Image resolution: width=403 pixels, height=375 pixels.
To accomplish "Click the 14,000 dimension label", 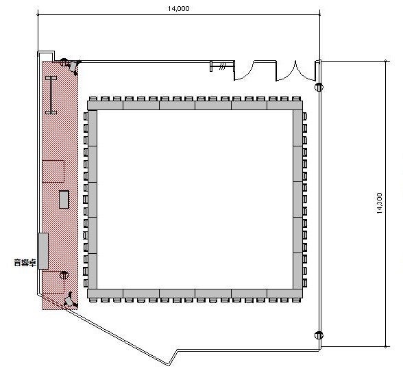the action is click(x=179, y=9).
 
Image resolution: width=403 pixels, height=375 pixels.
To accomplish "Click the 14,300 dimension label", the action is click(x=380, y=203).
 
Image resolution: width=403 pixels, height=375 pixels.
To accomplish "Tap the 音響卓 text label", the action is click(x=25, y=263).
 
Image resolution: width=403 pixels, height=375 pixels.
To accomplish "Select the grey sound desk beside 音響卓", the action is click(x=43, y=251).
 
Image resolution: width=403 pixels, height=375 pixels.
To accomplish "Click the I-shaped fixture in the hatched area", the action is click(x=51, y=95).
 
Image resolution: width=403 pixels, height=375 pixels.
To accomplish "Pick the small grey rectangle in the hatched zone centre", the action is click(x=64, y=199).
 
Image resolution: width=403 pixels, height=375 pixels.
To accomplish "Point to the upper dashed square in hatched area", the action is click(x=53, y=171).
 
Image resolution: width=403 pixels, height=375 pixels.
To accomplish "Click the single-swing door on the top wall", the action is click(x=244, y=70).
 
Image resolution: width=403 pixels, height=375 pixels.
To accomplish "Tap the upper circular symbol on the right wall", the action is click(x=319, y=88).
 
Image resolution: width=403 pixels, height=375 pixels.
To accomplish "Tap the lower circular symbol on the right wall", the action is click(x=319, y=335).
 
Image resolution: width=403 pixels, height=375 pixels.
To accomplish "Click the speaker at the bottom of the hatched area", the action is click(x=70, y=300).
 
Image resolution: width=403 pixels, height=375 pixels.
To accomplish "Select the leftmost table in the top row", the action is click(x=106, y=105).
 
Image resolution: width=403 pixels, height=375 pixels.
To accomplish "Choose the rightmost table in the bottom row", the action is click(x=285, y=294).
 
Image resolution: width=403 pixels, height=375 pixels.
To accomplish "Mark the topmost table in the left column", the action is click(x=93, y=129).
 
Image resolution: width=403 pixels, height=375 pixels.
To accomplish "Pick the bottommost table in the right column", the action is click(x=297, y=271).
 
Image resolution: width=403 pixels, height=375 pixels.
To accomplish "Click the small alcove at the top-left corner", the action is click(x=46, y=56).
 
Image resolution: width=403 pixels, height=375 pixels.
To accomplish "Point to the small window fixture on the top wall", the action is click(x=222, y=66).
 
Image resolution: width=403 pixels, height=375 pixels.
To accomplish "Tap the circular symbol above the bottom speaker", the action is click(x=64, y=275).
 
